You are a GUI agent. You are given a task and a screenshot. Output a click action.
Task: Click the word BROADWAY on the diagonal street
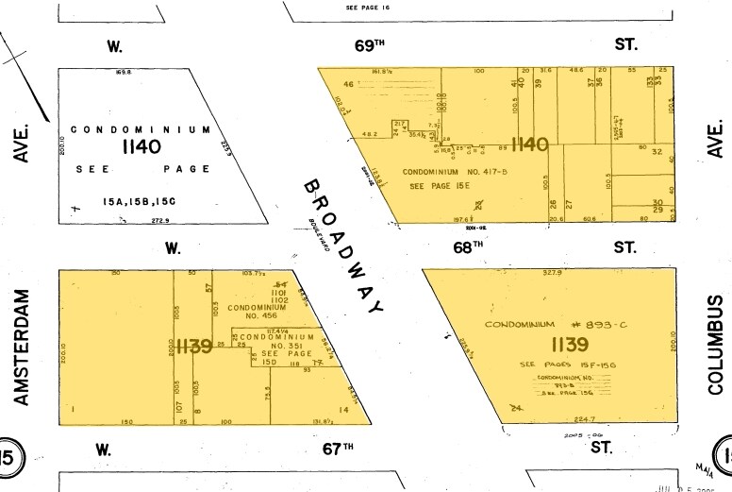(344, 247)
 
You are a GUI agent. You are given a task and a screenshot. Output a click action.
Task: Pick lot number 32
(657, 152)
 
